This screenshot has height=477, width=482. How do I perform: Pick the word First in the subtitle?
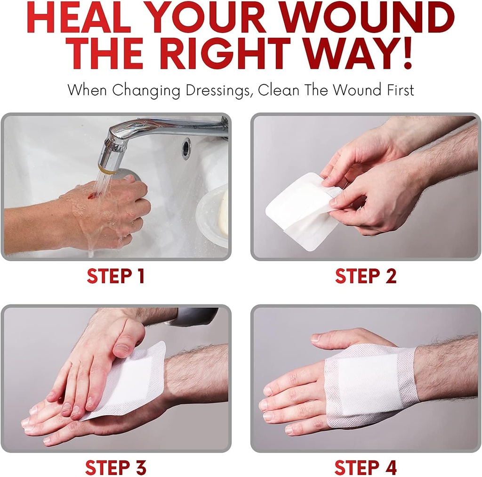tap(397, 90)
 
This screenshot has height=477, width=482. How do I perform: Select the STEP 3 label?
tap(115, 468)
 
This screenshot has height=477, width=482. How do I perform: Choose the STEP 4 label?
tap(366, 468)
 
